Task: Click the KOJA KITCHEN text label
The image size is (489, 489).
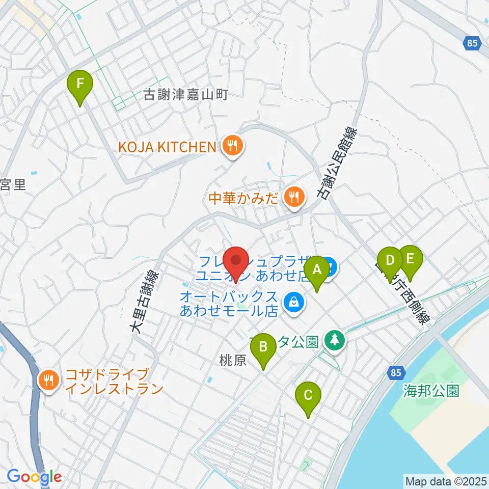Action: coord(168,147)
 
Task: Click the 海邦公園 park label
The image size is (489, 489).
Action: coord(431,391)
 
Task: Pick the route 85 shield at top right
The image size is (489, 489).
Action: coord(473,43)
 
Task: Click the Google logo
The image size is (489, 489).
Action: coord(35,477)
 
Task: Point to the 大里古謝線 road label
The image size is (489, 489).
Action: coord(145,303)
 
